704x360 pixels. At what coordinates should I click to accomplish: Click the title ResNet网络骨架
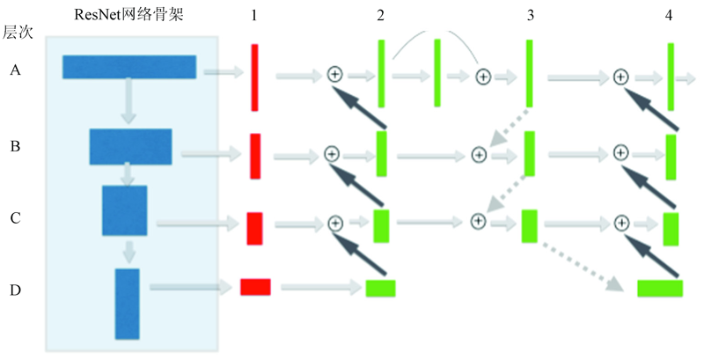(128, 14)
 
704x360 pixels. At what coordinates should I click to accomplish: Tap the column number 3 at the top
(531, 15)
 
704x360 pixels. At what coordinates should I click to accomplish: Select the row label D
(15, 290)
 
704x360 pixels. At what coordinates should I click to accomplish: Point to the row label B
(15, 146)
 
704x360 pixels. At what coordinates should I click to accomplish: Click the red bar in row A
(254, 77)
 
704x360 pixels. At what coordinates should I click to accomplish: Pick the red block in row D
(255, 287)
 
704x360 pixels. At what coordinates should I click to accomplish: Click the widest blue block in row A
(129, 67)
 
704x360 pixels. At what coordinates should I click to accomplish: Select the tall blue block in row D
(127, 304)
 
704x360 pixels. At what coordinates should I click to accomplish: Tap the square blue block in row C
(124, 210)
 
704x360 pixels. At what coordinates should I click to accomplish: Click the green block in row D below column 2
(381, 289)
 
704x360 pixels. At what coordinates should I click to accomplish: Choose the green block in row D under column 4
(660, 289)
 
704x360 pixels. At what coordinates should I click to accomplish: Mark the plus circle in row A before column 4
(620, 77)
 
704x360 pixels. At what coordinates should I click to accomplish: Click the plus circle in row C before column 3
(479, 221)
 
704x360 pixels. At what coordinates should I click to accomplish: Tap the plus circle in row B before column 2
(332, 154)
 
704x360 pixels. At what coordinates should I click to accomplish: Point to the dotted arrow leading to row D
(583, 267)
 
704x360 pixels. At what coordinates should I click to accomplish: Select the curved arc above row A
(435, 33)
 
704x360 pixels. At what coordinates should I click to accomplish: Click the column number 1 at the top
(254, 15)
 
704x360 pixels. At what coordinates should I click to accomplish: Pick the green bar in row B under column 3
(530, 153)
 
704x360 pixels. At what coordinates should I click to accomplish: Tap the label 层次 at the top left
(18, 33)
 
